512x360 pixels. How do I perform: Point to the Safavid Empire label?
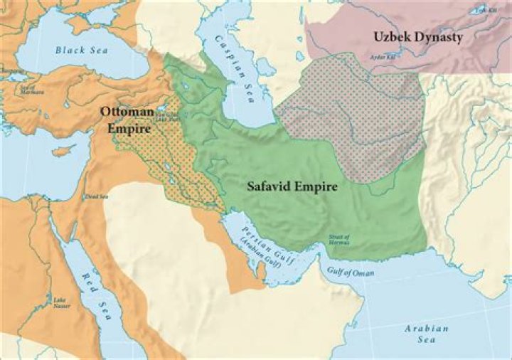point(292,187)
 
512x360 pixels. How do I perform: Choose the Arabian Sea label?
point(427,334)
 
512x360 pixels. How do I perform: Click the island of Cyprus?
point(65,151)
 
